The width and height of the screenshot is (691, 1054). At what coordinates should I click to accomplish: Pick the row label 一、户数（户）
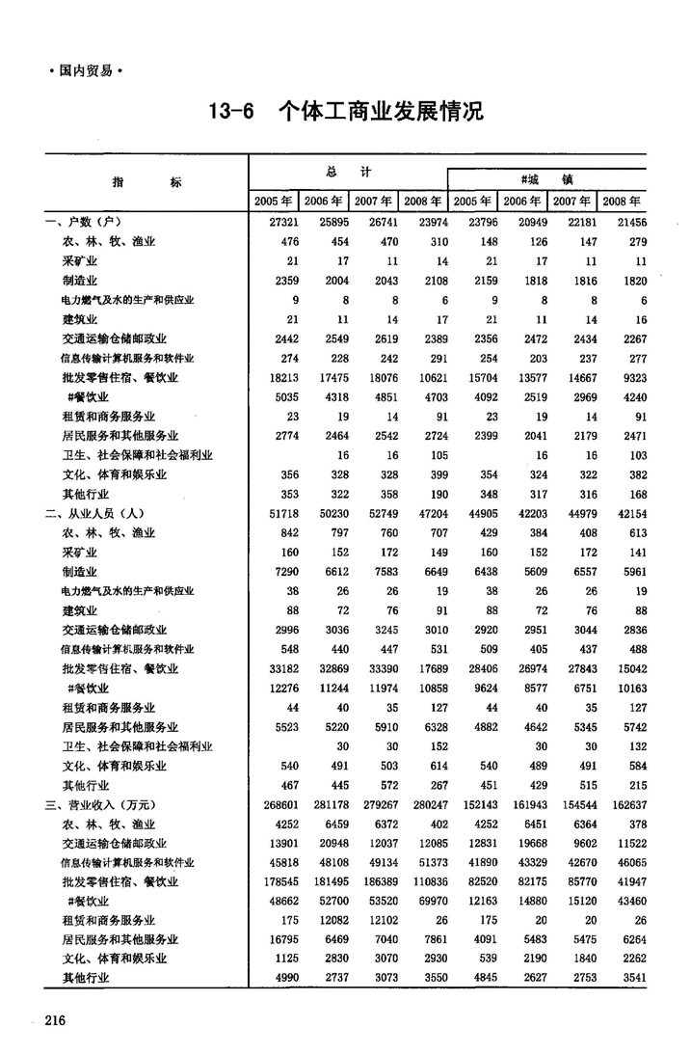87,223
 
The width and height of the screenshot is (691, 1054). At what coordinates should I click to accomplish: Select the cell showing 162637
625,804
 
